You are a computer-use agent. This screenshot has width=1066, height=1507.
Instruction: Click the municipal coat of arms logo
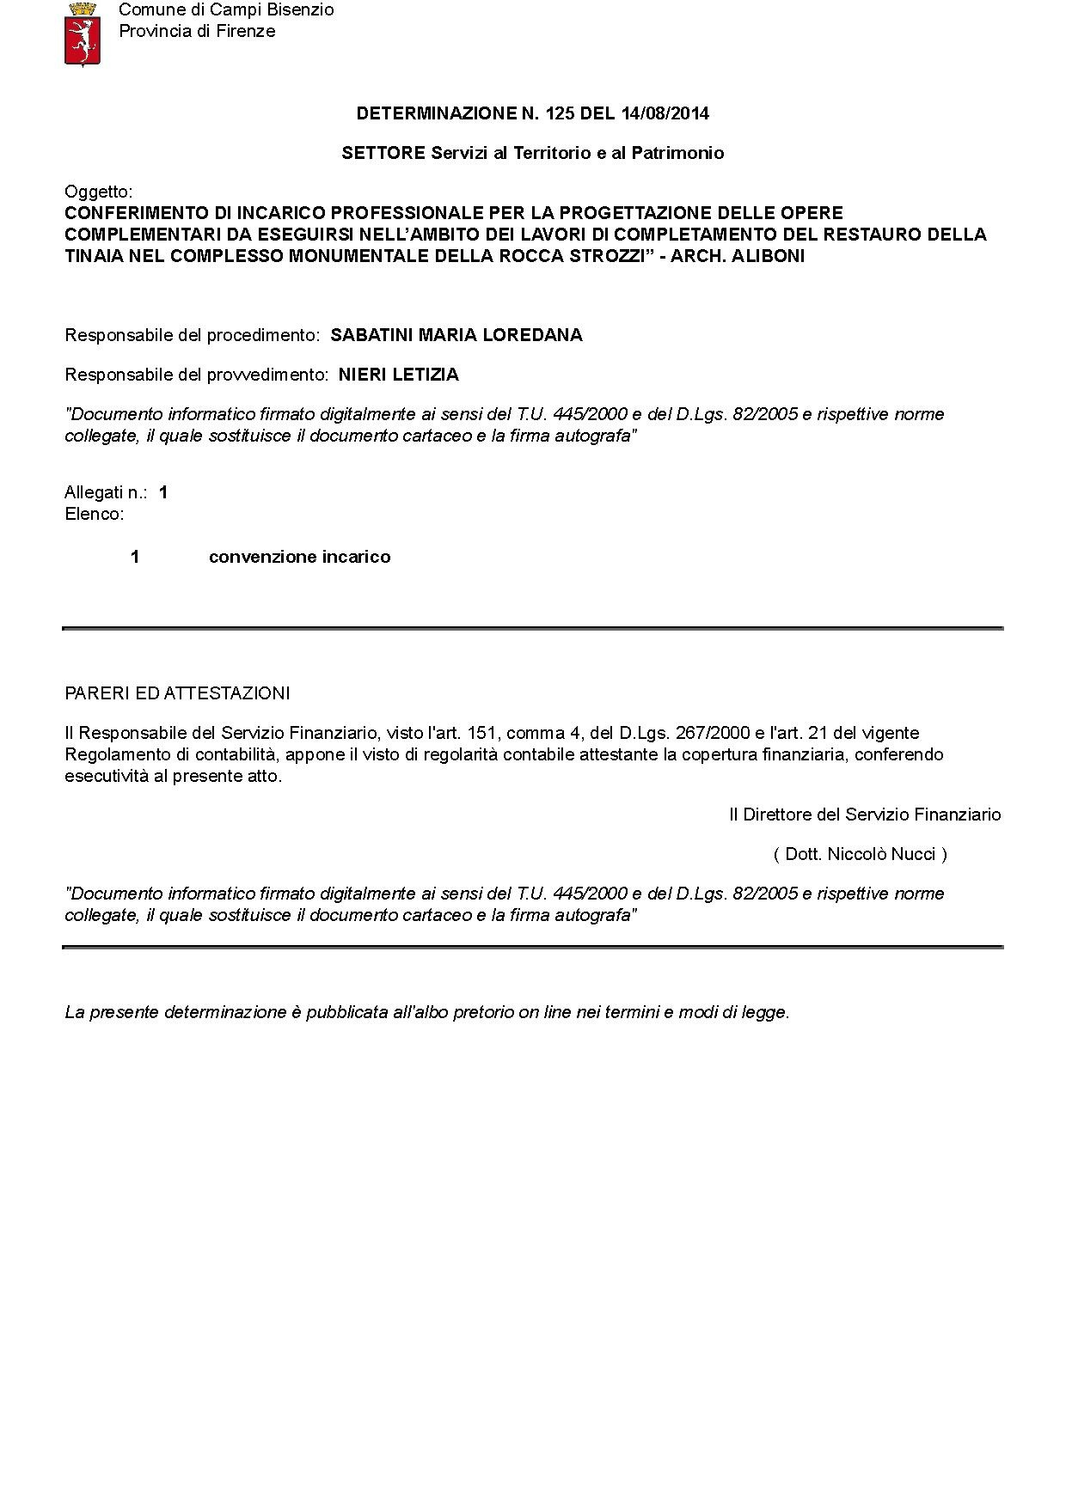tap(83, 34)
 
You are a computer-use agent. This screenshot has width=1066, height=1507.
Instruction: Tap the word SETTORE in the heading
tap(383, 153)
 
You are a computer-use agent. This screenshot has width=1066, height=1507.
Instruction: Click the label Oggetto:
tap(99, 192)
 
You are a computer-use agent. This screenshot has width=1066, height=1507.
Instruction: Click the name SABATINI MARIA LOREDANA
tap(456, 335)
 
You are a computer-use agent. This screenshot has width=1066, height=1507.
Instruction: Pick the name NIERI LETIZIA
tap(399, 375)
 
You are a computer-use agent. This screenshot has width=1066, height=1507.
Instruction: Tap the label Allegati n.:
tap(106, 492)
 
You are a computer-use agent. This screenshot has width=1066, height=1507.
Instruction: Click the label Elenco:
tap(95, 515)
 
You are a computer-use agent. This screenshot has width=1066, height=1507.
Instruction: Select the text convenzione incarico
tap(299, 557)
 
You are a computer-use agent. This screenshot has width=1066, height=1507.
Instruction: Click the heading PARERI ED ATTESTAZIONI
tap(177, 693)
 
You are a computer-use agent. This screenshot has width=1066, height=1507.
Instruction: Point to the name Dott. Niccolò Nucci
tap(860, 854)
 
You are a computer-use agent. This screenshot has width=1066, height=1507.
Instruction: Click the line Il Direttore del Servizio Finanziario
tap(865, 815)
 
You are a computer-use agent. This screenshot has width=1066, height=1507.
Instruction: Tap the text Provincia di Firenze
tap(197, 32)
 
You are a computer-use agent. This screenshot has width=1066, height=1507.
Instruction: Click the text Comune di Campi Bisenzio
tap(226, 10)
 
